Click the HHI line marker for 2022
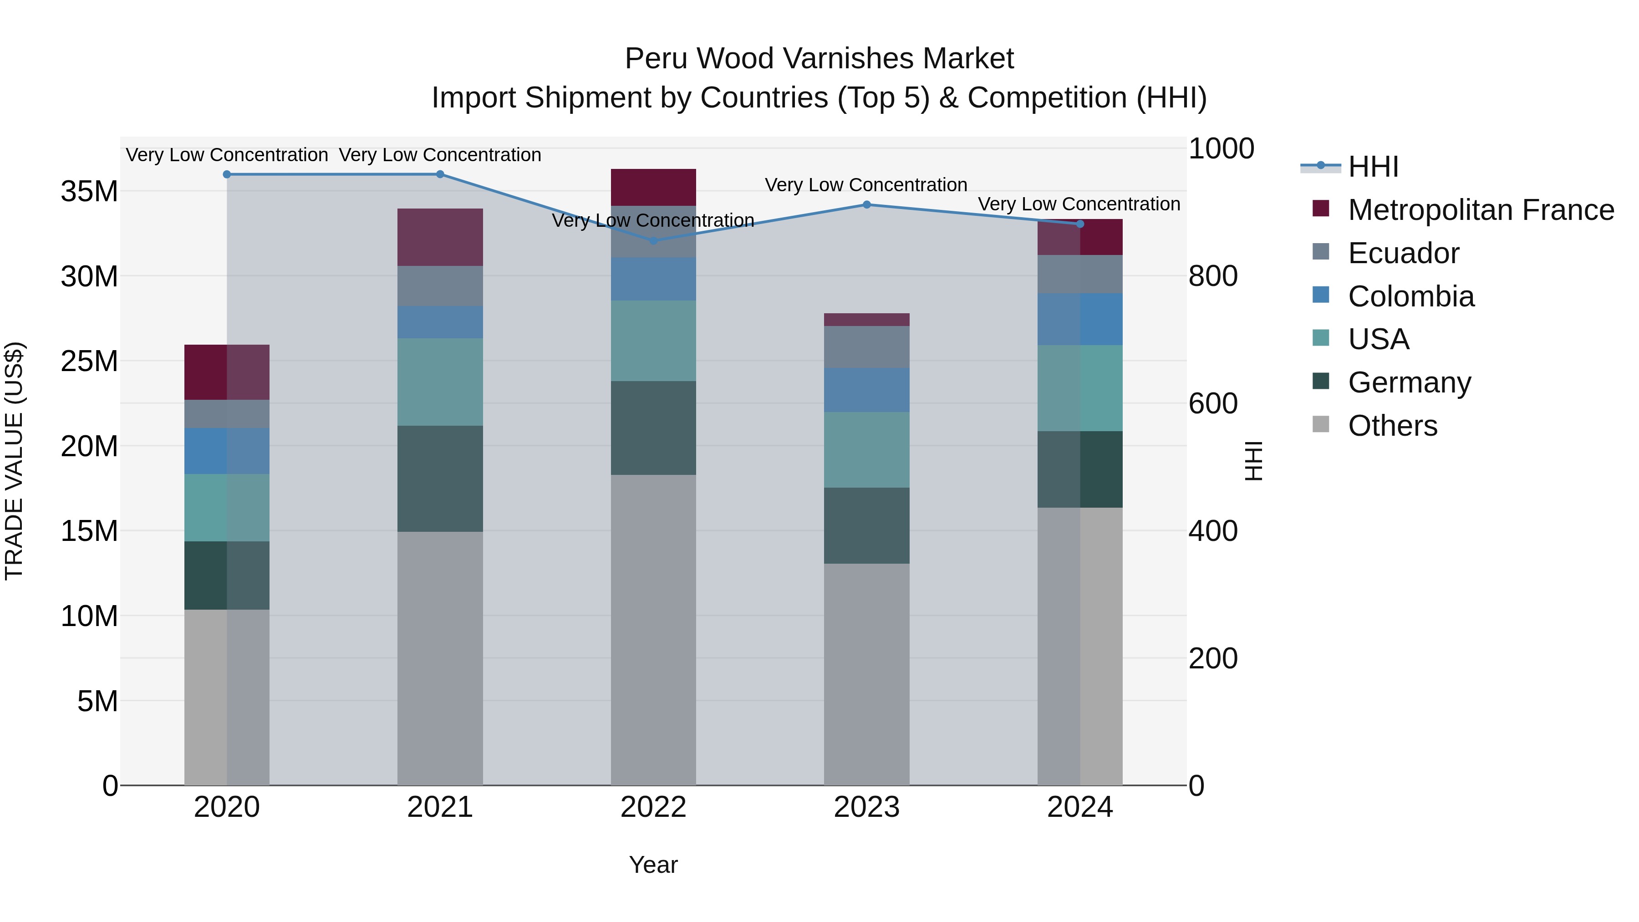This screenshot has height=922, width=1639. pyautogui.click(x=653, y=240)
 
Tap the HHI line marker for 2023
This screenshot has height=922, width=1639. pyautogui.click(x=866, y=205)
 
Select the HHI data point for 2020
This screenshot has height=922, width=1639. pyautogui.click(x=227, y=174)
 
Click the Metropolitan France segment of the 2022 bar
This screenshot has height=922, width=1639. pyautogui.click(x=653, y=187)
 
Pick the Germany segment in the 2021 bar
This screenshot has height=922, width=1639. pyautogui.click(x=440, y=479)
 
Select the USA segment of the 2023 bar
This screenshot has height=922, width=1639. pyautogui.click(x=866, y=450)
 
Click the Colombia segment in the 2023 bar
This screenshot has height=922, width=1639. pyautogui.click(x=866, y=390)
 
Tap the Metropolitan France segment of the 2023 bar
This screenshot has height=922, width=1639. pyautogui.click(x=866, y=320)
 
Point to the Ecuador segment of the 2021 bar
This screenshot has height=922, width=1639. pyautogui.click(x=440, y=286)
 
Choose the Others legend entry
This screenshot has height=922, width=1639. pyautogui.click(x=1393, y=426)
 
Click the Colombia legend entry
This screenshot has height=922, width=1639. pyautogui.click(x=1410, y=296)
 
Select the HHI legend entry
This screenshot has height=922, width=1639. pyautogui.click(x=1373, y=167)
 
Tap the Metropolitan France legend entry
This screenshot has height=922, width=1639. pyautogui.click(x=1481, y=210)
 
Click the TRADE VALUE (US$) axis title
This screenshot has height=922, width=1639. pyautogui.click(x=15, y=461)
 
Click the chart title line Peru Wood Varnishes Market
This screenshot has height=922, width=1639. pyautogui.click(x=819, y=59)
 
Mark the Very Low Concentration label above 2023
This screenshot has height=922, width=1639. pyautogui.click(x=866, y=185)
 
